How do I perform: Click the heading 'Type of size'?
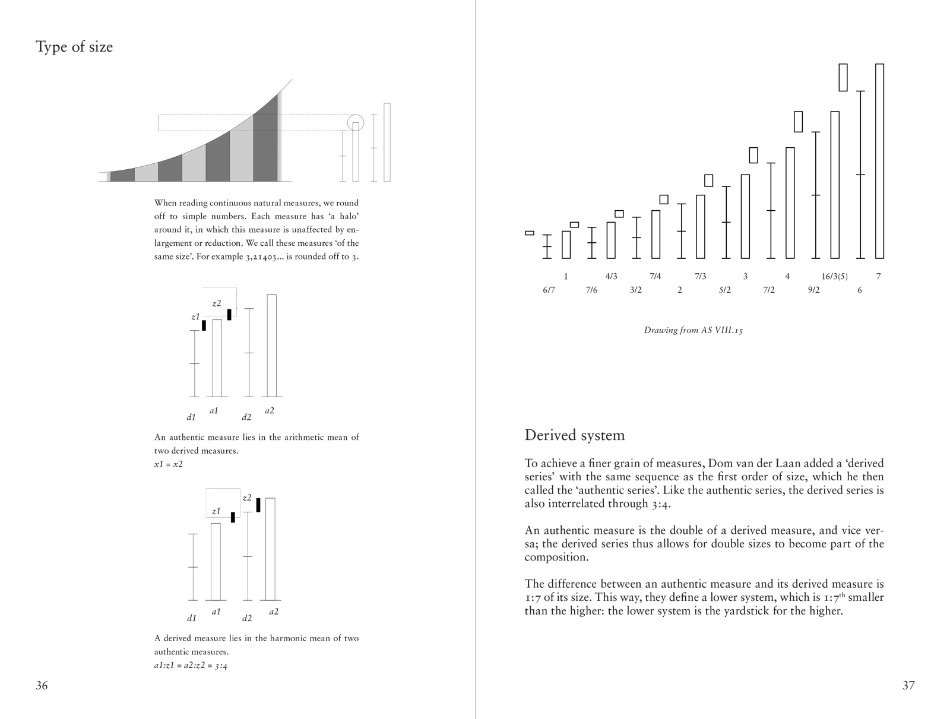coord(74,47)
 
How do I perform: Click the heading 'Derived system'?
coord(574,435)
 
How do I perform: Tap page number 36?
coord(42,686)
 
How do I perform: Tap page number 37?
coord(908,686)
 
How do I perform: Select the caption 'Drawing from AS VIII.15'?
coord(693,330)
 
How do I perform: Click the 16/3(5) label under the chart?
coord(834,276)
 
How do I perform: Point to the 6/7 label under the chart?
coord(549,290)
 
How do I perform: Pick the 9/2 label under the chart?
coord(813,290)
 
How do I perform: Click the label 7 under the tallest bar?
coord(878,276)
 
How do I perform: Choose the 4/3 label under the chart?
coord(611,276)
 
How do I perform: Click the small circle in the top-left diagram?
coord(355,122)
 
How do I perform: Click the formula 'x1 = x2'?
coord(169,464)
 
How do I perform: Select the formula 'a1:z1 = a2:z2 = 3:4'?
coord(191,665)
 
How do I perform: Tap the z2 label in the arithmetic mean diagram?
coord(217,303)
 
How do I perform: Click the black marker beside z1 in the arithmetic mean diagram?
coord(204,325)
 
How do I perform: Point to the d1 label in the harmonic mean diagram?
coord(191,618)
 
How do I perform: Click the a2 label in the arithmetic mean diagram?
coord(269,410)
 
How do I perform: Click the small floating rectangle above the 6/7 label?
coord(530,233)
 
